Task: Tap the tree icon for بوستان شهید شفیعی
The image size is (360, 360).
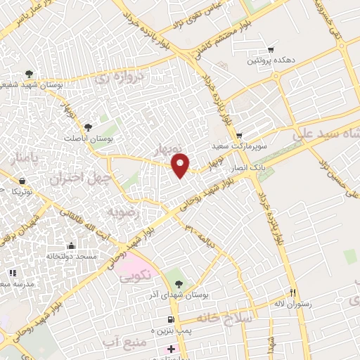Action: click(x=29, y=74)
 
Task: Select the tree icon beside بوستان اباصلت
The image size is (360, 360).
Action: click(x=88, y=127)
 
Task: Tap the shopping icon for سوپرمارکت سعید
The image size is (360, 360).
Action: click(x=238, y=136)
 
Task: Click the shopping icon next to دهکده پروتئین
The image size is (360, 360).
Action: click(x=271, y=50)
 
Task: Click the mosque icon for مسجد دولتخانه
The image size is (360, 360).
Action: click(x=70, y=245)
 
